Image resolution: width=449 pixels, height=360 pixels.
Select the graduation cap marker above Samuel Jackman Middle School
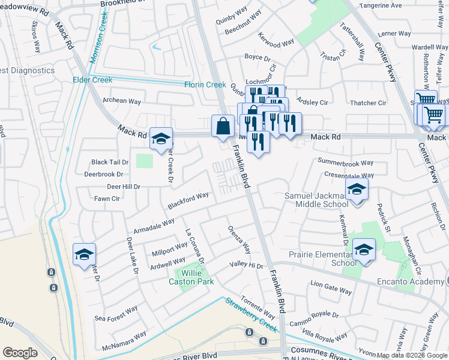[357, 190]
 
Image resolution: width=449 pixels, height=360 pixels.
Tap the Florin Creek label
[205, 85]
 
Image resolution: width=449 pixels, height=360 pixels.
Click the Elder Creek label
[92, 79]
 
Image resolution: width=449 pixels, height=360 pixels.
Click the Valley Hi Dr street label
[246, 265]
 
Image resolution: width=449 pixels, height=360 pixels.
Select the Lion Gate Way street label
[331, 286]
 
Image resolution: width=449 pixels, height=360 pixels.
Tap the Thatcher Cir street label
[367, 103]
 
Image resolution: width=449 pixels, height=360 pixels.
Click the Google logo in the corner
[20, 352]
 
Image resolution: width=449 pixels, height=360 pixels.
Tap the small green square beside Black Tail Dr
[144, 161]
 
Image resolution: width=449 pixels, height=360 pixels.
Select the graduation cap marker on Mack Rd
[160, 139]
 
